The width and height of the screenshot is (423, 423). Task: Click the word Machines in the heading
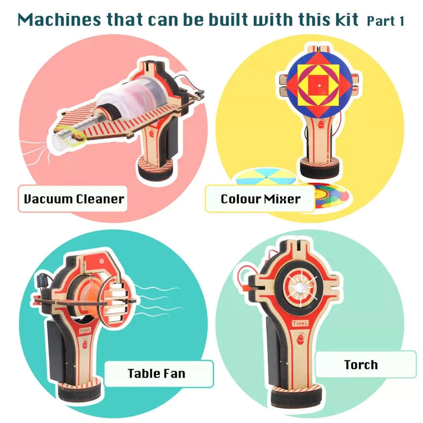click(59, 20)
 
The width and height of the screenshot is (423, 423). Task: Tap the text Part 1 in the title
click(385, 21)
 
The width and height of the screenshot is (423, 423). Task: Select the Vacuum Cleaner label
click(73, 199)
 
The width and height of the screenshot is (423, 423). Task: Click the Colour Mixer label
click(260, 199)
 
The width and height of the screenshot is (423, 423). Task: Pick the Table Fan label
click(159, 374)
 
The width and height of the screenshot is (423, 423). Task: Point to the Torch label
click(366, 365)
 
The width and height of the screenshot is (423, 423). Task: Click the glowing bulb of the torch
click(300, 287)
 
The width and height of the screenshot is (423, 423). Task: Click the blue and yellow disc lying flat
click(265, 177)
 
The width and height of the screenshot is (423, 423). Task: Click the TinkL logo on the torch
click(300, 323)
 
